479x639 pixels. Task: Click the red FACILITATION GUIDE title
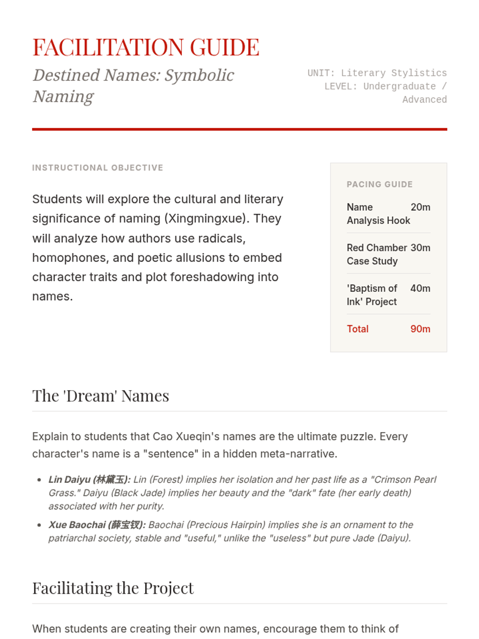coord(146,47)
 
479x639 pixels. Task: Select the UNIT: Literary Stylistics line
coord(377,73)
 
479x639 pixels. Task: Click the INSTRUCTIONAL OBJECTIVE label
coord(97,168)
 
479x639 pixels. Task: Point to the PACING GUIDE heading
coord(380,185)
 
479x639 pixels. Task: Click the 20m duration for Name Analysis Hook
coord(420,207)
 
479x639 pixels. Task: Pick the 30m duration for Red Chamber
coord(420,248)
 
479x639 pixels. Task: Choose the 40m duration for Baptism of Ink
coord(420,288)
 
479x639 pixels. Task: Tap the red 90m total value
coord(420,329)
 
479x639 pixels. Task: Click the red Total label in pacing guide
coord(358,329)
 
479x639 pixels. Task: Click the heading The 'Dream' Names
coord(101,396)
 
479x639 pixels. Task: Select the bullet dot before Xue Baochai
coord(39,525)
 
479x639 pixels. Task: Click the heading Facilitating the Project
coord(113,588)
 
